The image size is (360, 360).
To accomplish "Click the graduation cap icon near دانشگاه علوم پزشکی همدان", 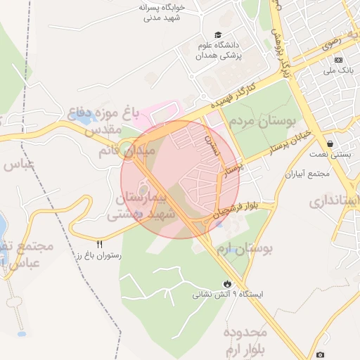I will [x=219, y=35].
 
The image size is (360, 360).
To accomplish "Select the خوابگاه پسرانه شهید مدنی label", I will [x=162, y=12].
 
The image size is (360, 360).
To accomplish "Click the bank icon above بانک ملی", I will [x=338, y=60].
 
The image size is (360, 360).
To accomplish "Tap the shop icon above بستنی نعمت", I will [x=330, y=143].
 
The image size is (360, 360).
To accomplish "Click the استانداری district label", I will [x=335, y=202].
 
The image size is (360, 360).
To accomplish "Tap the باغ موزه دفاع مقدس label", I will [x=95, y=120].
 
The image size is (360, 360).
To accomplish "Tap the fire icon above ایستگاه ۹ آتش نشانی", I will [x=227, y=283].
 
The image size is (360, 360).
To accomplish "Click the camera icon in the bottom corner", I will [x=321, y=355].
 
